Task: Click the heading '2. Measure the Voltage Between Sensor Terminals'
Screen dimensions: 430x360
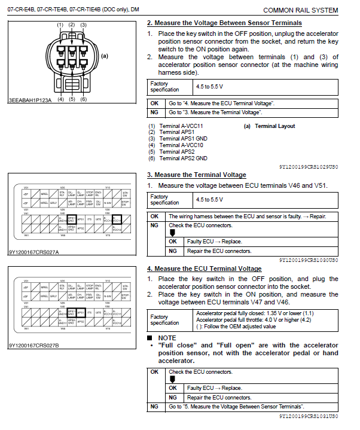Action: click(x=224, y=23)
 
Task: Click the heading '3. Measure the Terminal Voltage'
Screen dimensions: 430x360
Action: click(x=196, y=175)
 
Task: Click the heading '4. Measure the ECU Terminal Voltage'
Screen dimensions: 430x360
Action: click(x=204, y=269)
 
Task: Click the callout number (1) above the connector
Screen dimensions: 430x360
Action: click(x=60, y=25)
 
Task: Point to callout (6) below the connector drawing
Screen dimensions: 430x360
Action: click(x=83, y=99)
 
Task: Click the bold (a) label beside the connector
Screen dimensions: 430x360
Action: click(x=104, y=56)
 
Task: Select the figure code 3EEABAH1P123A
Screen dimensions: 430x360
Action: click(x=29, y=99)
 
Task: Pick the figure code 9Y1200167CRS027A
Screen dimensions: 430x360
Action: click(x=33, y=252)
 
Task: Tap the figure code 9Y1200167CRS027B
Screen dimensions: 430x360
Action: click(x=33, y=346)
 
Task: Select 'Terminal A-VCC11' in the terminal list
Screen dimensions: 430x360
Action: click(x=181, y=126)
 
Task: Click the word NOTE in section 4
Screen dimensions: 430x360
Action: click(x=167, y=337)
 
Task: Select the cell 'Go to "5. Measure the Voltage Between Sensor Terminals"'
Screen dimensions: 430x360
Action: click(x=236, y=406)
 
